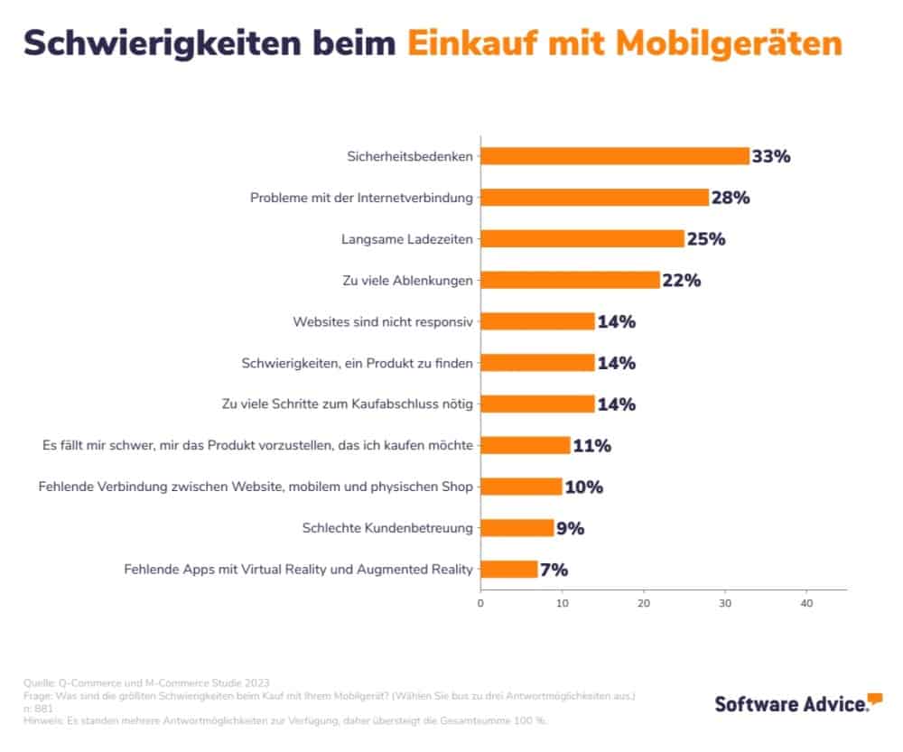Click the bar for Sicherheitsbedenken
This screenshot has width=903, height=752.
pos(614,156)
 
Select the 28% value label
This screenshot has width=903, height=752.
pos(731,198)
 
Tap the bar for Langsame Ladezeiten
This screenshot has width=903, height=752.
pos(582,238)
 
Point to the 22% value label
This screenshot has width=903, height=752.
pos(682,280)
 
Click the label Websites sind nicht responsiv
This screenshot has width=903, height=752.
pos(383,321)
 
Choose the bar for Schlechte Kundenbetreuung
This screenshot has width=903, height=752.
pos(517,528)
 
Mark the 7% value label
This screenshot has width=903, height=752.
pos(554,570)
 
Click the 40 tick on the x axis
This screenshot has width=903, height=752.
pos(806,603)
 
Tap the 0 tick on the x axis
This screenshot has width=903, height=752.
pos(480,603)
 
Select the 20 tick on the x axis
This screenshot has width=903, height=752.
pos(644,603)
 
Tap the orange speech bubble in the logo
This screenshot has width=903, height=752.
pos(875,699)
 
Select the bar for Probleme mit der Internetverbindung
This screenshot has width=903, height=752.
pos(594,198)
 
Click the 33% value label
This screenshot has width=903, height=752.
pos(771,156)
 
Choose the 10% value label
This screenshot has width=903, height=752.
pos(583,487)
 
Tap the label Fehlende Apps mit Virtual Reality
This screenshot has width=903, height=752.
pos(298,570)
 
